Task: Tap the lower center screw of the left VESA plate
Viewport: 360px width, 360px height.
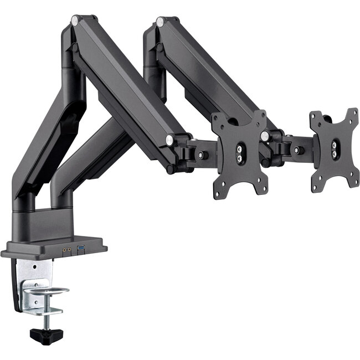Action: pos(239,158)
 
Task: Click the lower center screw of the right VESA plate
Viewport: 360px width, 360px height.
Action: pos(335,152)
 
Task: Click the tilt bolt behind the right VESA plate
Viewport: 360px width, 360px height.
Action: pos(297,150)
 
